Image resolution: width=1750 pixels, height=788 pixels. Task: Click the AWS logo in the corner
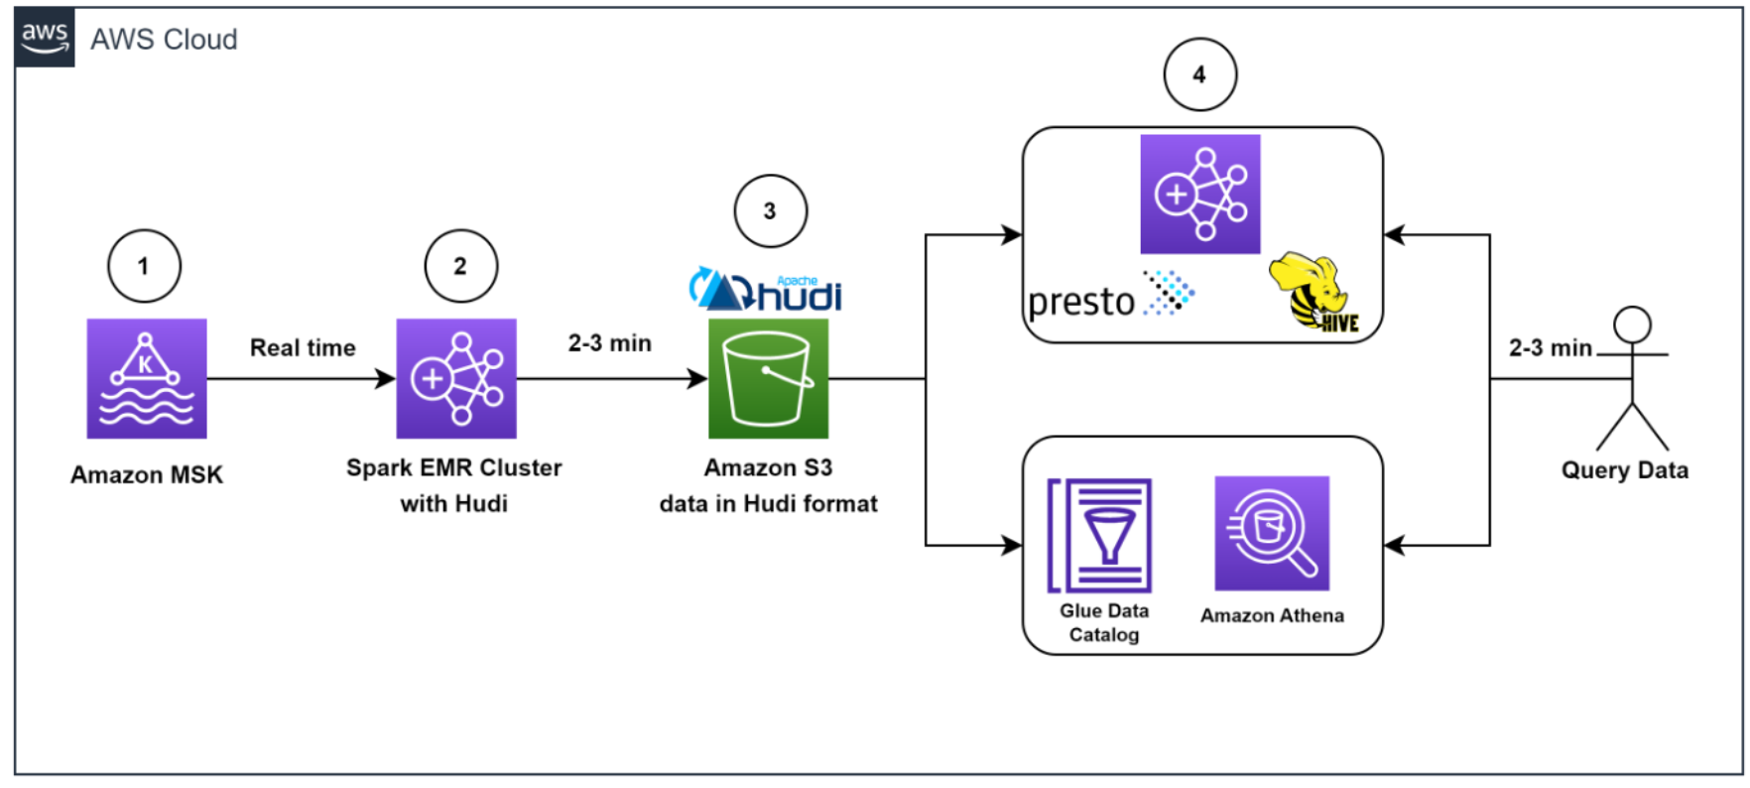pyautogui.click(x=45, y=39)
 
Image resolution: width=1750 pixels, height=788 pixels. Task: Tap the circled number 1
pyautogui.click(x=144, y=266)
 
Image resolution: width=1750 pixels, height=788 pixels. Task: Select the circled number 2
pyautogui.click(x=460, y=266)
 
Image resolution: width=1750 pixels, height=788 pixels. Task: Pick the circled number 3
pyautogui.click(x=770, y=211)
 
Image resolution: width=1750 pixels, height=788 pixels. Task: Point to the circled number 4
pyautogui.click(x=1199, y=75)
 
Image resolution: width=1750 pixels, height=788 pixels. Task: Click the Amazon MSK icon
pyautogui.click(x=147, y=378)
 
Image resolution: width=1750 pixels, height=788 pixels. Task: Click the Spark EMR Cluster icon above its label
pyautogui.click(x=456, y=378)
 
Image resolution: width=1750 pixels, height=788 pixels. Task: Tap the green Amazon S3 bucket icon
pyautogui.click(x=768, y=378)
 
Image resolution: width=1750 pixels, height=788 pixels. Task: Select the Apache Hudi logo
pyautogui.click(x=766, y=290)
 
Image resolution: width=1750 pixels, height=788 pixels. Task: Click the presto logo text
pyautogui.click(x=1081, y=301)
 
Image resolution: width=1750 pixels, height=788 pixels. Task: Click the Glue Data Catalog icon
pyautogui.click(x=1100, y=536)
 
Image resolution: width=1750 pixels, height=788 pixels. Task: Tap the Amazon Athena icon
pyautogui.click(x=1272, y=533)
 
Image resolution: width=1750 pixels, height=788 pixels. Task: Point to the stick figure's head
pyautogui.click(x=1632, y=325)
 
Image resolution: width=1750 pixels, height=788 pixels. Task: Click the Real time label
pyautogui.click(x=303, y=348)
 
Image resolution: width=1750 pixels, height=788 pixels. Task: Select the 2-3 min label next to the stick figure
pyautogui.click(x=1550, y=348)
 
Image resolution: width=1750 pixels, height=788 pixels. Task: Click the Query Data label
pyautogui.click(x=1625, y=470)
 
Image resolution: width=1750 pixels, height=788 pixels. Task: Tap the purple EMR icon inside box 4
pyautogui.click(x=1199, y=195)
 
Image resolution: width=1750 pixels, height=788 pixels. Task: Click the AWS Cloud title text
pyautogui.click(x=164, y=40)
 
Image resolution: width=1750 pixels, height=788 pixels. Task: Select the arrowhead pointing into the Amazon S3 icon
pyautogui.click(x=698, y=378)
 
